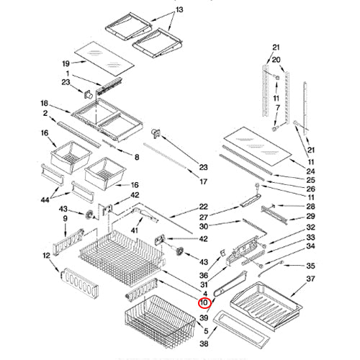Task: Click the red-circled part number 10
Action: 204,302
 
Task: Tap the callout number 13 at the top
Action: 179,10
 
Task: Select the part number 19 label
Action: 66,63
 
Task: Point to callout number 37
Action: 310,279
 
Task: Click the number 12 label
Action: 46,256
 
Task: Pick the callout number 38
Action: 204,343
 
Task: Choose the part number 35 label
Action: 310,266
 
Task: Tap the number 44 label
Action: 45,199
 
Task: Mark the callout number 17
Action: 203,182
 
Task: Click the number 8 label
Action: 137,157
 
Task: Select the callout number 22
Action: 204,207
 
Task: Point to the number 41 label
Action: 135,230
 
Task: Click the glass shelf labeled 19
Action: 104,58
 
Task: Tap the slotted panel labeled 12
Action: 79,284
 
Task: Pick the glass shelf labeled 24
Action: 258,146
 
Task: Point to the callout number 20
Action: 276,60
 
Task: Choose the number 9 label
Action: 65,219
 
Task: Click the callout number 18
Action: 44,104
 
